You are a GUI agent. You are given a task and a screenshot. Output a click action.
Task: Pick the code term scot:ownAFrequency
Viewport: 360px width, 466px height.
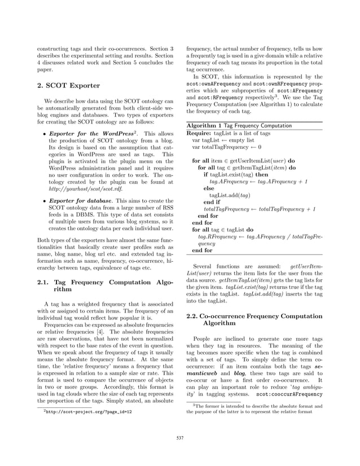[x=211, y=85]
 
